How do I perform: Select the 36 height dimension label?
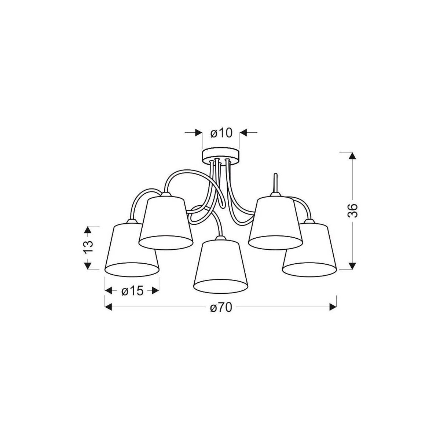tap(352, 210)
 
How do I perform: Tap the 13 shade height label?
tap(88, 247)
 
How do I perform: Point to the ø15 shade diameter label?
tap(132, 291)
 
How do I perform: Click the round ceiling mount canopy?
tap(221, 155)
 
